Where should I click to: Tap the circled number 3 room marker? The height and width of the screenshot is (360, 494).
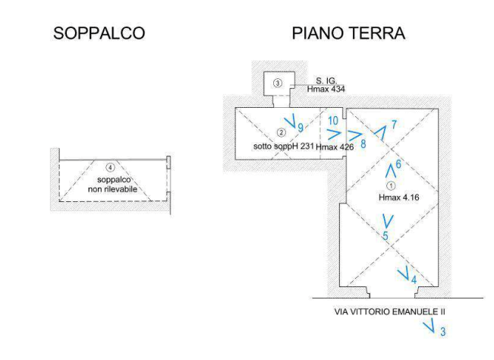[x=278, y=82]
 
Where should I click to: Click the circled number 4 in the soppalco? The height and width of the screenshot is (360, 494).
[x=111, y=167]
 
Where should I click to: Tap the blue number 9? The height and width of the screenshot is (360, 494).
[x=301, y=128]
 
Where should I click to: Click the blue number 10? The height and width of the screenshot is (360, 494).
[x=333, y=121]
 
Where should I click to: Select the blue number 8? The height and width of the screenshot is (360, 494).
[x=363, y=142]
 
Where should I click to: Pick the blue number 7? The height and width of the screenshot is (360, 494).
[x=393, y=124]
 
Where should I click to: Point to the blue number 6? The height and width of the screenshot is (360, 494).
[x=398, y=164]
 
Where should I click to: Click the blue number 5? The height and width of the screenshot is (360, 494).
[x=385, y=236]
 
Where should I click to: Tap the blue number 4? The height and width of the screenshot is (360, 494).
[x=414, y=279]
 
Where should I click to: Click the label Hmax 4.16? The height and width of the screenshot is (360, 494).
[x=398, y=197]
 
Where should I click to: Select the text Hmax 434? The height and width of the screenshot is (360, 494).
[x=326, y=89]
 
